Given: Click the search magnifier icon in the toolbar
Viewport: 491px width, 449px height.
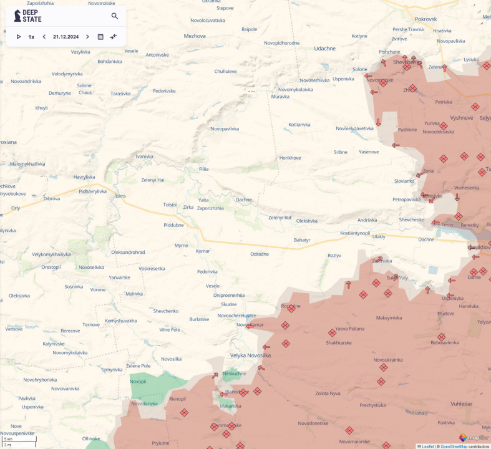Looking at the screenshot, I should click(115, 16).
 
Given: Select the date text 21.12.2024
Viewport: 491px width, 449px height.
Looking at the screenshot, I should click(66, 37).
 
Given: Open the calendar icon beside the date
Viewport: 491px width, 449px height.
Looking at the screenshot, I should click(100, 37).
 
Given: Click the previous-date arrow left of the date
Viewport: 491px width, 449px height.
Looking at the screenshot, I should click(44, 37).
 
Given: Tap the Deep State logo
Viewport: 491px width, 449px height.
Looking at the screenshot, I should click(28, 16).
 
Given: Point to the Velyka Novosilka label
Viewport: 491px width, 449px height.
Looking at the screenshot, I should click(251, 355).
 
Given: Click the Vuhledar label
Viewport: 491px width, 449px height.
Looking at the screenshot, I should click(462, 403).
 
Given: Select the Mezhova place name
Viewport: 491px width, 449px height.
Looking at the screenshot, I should click(195, 36).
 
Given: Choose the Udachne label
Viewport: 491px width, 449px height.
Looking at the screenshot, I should click(324, 48).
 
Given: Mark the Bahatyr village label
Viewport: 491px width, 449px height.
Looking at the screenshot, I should click(302, 239).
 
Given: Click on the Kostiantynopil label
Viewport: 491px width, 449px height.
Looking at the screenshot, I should click(355, 233).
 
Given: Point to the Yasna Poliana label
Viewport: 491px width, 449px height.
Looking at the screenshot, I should click(350, 329).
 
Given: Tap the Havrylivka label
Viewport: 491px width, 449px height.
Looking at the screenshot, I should click(84, 176).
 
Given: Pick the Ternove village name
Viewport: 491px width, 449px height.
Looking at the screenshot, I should click(91, 324).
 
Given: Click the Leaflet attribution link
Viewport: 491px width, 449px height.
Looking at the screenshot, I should click(427, 447).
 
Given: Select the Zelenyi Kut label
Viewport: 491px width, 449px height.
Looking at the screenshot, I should click(280, 217).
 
